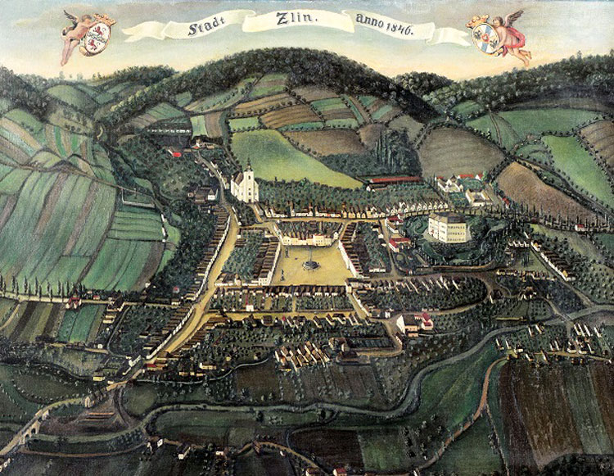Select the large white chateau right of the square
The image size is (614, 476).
point(449,227)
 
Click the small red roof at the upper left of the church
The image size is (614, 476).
point(173,152)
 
